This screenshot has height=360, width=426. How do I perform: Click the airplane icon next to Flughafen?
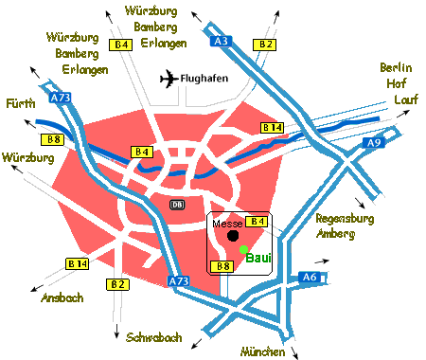[x=168, y=79]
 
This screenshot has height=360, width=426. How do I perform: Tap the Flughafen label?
[x=206, y=79]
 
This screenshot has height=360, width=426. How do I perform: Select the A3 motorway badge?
[x=222, y=42]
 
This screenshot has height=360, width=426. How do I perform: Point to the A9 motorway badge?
[x=373, y=143]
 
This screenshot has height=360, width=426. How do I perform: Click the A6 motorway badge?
[x=310, y=277]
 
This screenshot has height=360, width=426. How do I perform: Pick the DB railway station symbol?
[x=177, y=204]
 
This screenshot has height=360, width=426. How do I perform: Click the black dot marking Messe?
[x=233, y=236]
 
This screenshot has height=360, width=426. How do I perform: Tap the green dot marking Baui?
[x=243, y=249]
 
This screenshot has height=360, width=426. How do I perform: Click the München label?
[x=263, y=351]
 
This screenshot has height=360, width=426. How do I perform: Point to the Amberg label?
[x=336, y=232]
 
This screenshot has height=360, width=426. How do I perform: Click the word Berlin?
[x=397, y=67]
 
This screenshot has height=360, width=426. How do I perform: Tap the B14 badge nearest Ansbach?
[x=77, y=263]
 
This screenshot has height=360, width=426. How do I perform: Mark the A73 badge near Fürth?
[x=61, y=97]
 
